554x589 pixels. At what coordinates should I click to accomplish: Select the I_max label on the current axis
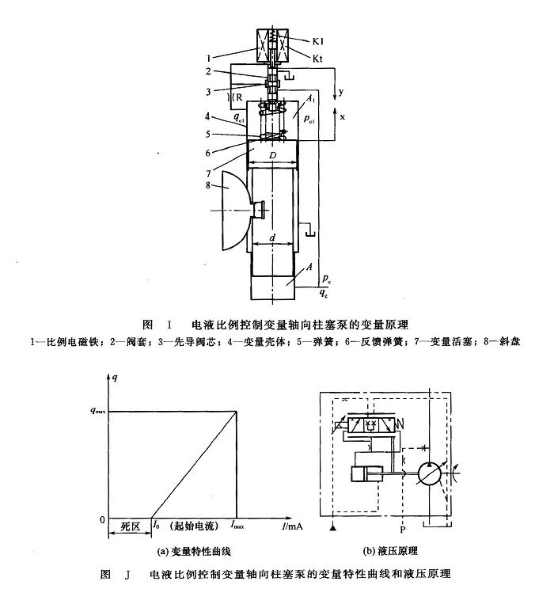coord(237,525)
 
